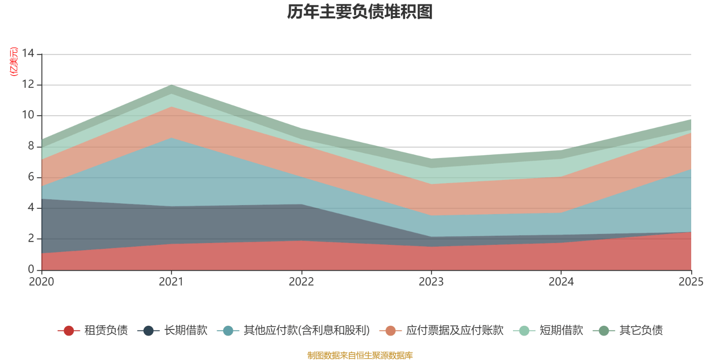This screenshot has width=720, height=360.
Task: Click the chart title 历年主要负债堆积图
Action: pos(360,12)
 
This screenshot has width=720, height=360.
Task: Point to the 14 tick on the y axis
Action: pos(28,54)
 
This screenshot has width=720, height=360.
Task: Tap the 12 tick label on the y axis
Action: pos(28,85)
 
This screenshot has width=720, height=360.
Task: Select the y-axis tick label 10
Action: pos(28,115)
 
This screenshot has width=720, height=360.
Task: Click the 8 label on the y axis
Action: pos(31,146)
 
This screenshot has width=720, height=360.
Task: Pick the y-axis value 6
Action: pos(31,177)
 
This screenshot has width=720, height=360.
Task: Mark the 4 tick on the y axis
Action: pos(31,207)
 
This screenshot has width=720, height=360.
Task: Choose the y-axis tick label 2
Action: pos(31,238)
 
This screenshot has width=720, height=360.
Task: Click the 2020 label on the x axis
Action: pos(41,282)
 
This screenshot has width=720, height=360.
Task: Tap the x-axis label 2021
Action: pos(171,282)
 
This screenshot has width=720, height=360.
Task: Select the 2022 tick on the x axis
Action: pos(301,282)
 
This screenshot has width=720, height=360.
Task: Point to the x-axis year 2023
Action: pos(431,282)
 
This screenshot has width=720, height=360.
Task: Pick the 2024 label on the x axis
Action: pos(561,282)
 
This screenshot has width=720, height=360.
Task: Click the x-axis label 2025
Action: pos(691,282)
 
